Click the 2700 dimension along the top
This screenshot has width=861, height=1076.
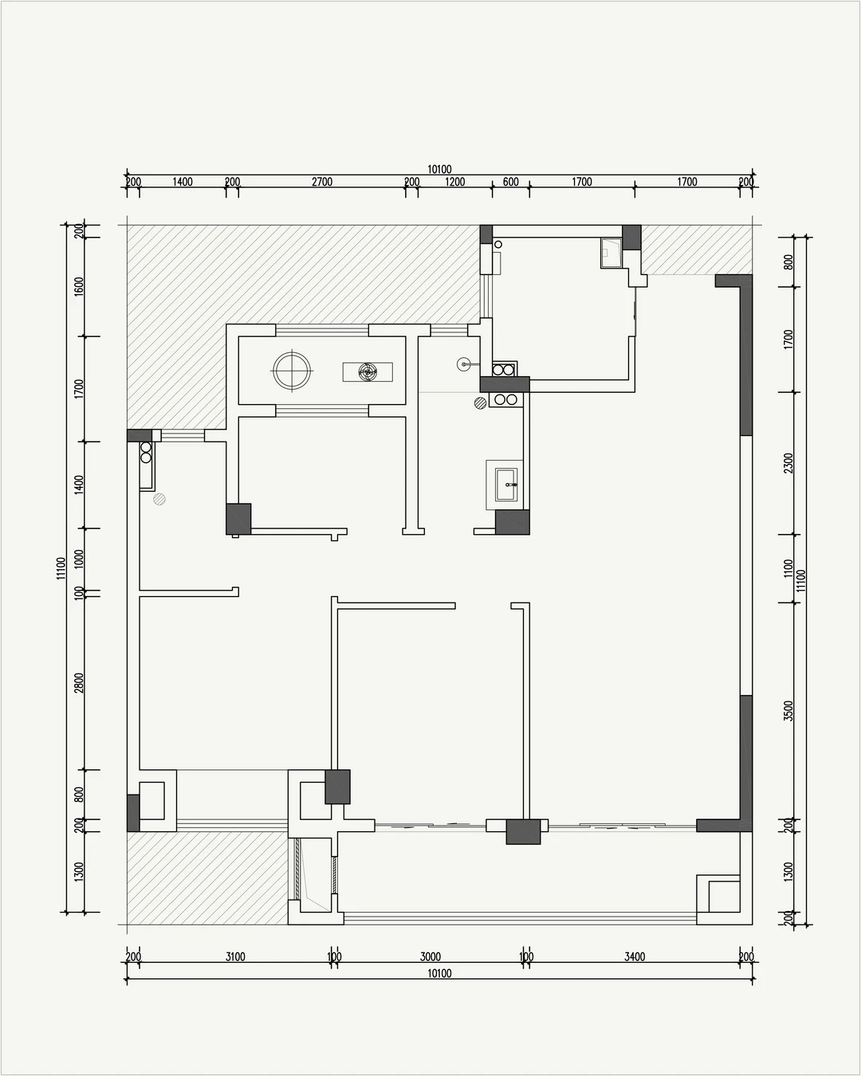pos(322,182)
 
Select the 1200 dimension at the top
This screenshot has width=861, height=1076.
pos(454,182)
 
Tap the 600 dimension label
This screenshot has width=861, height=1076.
pos(510,182)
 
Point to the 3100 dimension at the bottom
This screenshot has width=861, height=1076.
pos(235,956)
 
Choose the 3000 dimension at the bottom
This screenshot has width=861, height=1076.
pos(431,956)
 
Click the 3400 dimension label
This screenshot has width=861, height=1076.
pos(635,956)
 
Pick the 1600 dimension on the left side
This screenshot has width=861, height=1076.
pos(79,286)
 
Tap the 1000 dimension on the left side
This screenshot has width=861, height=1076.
pos(79,559)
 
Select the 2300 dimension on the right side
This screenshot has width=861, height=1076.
pos(788,463)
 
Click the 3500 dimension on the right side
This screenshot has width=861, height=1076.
pos(788,710)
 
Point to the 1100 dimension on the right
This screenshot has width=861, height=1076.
pos(788,568)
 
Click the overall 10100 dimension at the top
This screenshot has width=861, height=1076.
pos(439,170)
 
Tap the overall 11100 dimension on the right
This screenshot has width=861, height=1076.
pos(801,580)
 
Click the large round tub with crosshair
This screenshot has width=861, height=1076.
pos(292,371)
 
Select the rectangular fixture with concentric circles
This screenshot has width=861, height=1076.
pos(368,371)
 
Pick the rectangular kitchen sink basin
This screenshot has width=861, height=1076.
pos(506,484)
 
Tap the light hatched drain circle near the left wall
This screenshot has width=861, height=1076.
pos(159,499)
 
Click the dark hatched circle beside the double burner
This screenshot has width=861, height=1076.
pos(480,403)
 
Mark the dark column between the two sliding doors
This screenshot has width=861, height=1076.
pos(523,831)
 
